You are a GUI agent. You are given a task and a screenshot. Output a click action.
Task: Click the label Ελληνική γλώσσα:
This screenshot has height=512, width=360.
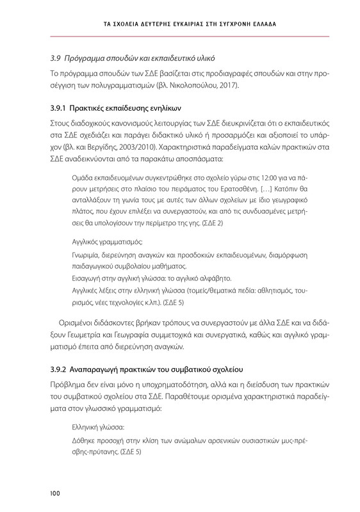tap(98, 426)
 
